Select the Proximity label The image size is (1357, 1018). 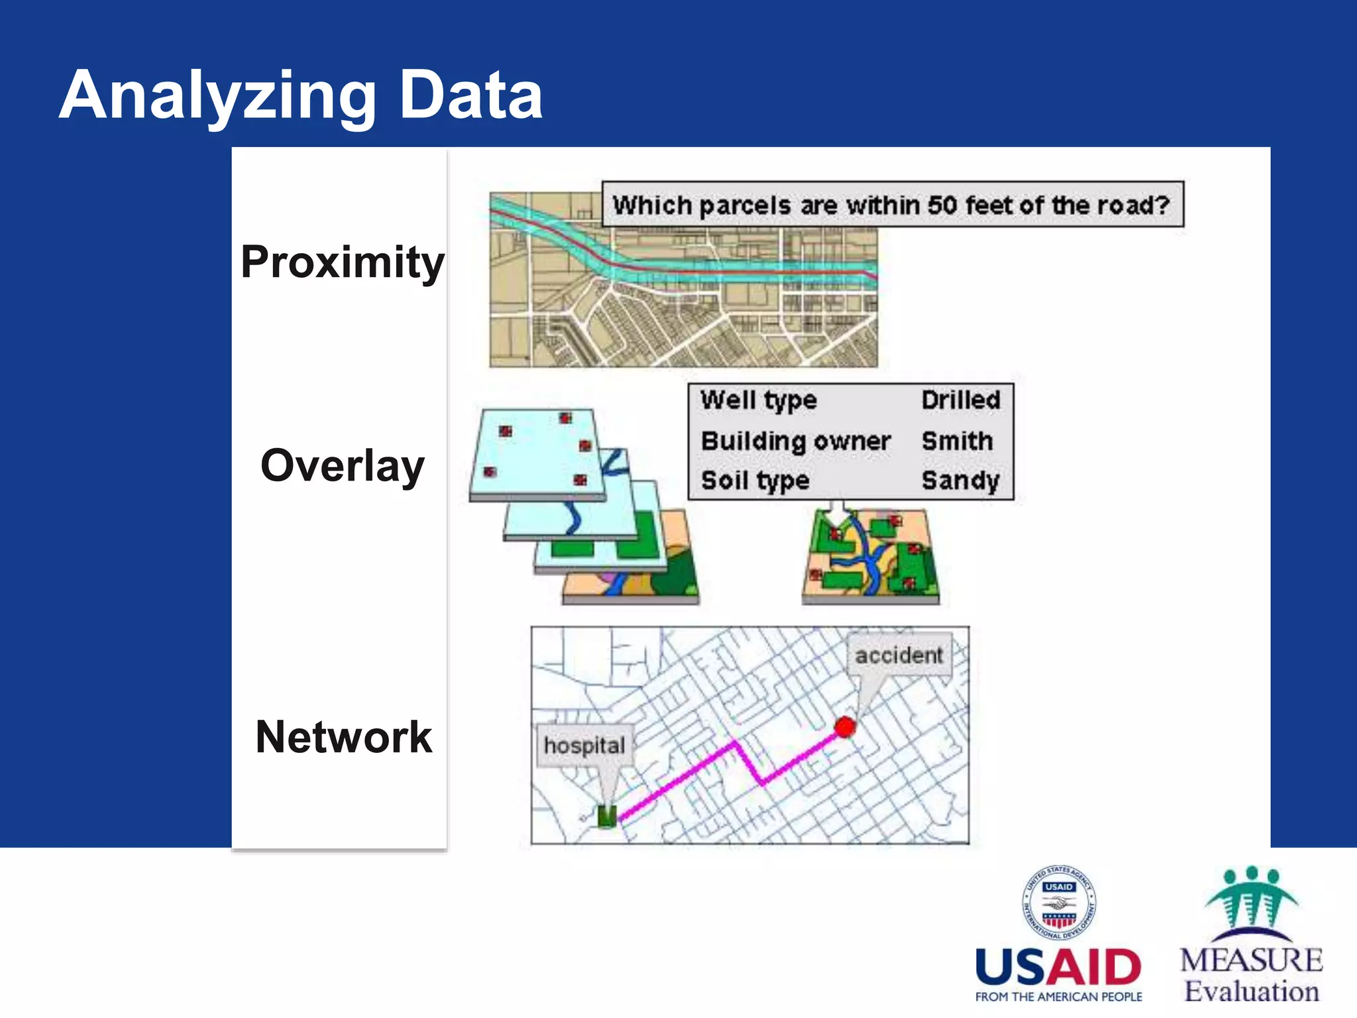342,262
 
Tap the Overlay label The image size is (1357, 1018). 342,466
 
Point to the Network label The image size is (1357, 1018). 343,737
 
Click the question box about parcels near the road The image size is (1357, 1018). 892,205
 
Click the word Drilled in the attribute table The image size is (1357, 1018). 960,400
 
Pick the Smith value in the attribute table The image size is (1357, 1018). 957,441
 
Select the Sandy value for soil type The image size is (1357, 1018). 959,481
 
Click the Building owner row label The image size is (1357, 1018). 795,441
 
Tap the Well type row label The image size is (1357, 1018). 758,400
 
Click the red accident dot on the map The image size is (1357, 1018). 845,727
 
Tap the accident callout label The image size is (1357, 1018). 898,655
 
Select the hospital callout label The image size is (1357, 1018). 584,746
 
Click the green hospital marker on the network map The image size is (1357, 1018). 607,816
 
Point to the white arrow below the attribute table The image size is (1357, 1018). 837,514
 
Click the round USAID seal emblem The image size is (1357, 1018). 1058,903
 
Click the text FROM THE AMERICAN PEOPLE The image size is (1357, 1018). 1058,997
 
